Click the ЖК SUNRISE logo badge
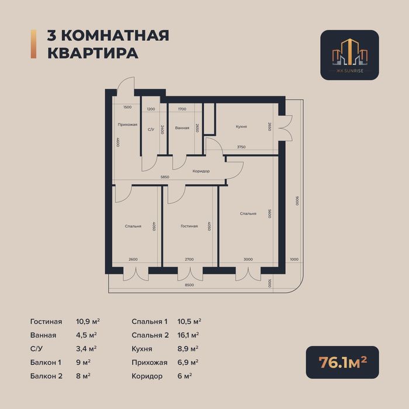(x=349, y=55)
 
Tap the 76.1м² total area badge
(x=342, y=362)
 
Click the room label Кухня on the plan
(x=241, y=126)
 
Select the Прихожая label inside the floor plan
(x=127, y=124)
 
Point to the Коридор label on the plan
(x=201, y=171)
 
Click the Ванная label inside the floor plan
(x=182, y=127)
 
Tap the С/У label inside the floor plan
(x=151, y=129)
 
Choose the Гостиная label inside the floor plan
(x=189, y=226)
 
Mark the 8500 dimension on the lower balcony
(x=190, y=285)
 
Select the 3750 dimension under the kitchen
(x=241, y=147)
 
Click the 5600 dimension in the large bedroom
(x=270, y=214)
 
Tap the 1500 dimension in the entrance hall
(x=127, y=108)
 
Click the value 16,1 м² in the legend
(x=189, y=335)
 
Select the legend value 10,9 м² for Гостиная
(x=88, y=321)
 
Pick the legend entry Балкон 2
(x=46, y=376)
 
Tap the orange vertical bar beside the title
(x=33, y=44)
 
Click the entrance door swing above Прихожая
(x=125, y=88)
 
